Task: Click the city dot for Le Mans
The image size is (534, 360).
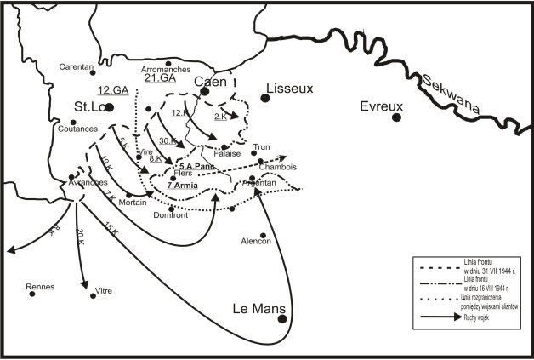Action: coord(282,319)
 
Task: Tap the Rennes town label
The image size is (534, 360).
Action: coord(40,286)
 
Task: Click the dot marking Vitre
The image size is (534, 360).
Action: coord(94,295)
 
